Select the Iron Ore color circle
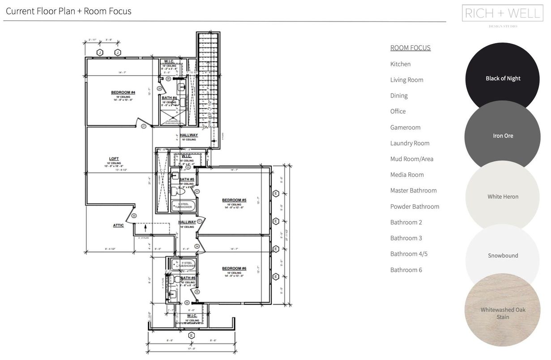pos(503,136)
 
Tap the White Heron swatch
pos(503,197)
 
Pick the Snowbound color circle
pos(503,256)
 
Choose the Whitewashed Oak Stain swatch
pos(503,313)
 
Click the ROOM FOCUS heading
pos(410,48)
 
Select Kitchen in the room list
pos(400,64)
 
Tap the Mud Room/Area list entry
pos(411,159)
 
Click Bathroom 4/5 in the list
pos(409,254)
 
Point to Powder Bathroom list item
pos(414,206)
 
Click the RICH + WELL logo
pos(502,13)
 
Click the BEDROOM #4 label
pos(123,93)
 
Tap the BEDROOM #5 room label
pos(234,200)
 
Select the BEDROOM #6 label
pos(234,269)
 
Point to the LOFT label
pos(114,159)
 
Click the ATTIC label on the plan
pos(118,226)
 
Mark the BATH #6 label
pos(188,278)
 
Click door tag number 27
pos(144,127)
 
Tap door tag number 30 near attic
pos(134,216)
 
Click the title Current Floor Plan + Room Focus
pos(68,11)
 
